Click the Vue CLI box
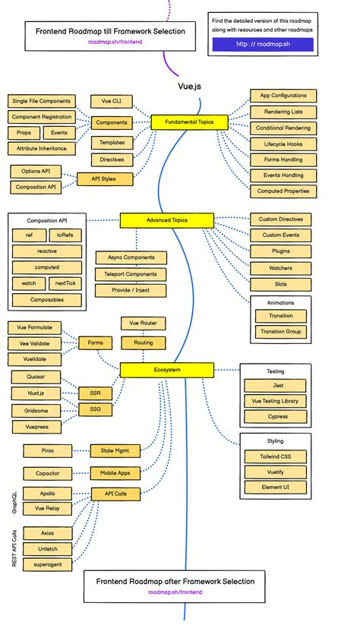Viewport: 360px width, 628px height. click(112, 101)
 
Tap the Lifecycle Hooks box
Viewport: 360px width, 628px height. click(283, 144)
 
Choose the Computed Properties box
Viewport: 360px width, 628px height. click(283, 191)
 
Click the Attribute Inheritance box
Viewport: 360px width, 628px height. click(42, 148)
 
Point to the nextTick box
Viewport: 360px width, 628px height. click(65, 283)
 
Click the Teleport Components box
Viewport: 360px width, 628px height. click(131, 274)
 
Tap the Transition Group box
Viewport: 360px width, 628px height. click(280, 332)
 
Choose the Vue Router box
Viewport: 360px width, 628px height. click(143, 323)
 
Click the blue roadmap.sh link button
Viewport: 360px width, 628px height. click(262, 44)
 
